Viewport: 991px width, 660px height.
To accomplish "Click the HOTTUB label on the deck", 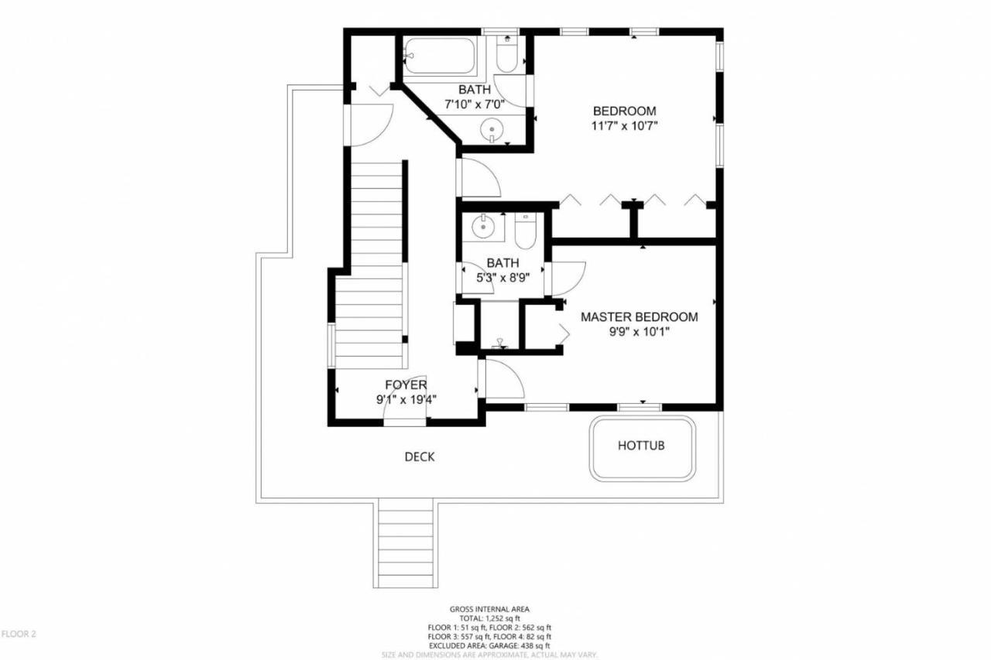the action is [641, 445].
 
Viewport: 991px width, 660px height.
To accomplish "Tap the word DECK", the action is [420, 457].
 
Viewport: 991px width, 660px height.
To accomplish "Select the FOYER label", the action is [406, 385].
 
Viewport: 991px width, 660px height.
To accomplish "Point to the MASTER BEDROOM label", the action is [640, 316].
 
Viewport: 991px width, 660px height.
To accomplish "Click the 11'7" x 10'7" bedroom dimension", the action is [624, 126].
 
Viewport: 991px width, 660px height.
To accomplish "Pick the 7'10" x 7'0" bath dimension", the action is [475, 104].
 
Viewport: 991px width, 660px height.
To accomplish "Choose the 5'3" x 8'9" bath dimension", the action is [503, 278].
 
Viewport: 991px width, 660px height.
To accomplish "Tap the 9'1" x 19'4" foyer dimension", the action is [406, 399].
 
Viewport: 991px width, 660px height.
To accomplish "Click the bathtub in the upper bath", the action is [439, 55].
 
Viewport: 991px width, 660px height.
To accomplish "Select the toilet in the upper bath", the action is [506, 53].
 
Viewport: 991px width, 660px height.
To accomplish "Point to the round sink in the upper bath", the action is [492, 128].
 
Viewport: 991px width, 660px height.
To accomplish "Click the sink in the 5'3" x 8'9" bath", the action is [482, 227].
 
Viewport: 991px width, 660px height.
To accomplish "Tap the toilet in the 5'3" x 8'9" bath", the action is [525, 231].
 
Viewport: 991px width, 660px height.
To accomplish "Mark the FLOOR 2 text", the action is [18, 634].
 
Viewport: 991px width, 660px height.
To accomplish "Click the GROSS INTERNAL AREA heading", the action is [489, 609].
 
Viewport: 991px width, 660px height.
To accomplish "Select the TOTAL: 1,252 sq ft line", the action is [489, 618].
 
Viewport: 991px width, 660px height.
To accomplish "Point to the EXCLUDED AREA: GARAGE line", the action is [489, 646].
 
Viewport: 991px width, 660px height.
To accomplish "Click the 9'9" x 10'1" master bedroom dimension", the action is [640, 331].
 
